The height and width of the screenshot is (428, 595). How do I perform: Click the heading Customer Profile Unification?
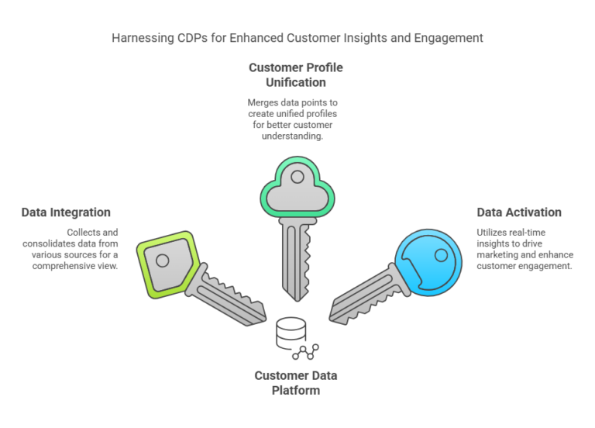tap(295, 74)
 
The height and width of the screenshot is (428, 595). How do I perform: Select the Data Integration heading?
tap(66, 212)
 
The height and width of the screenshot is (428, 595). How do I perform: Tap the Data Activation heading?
tap(518, 212)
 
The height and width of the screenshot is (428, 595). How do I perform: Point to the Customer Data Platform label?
tap(295, 383)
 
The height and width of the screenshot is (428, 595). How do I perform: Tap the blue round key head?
tap(428, 259)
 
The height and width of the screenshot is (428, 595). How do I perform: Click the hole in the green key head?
tap(297, 177)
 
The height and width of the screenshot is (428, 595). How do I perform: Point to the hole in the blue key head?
tap(441, 254)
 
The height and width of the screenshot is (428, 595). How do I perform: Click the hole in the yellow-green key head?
tap(163, 261)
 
